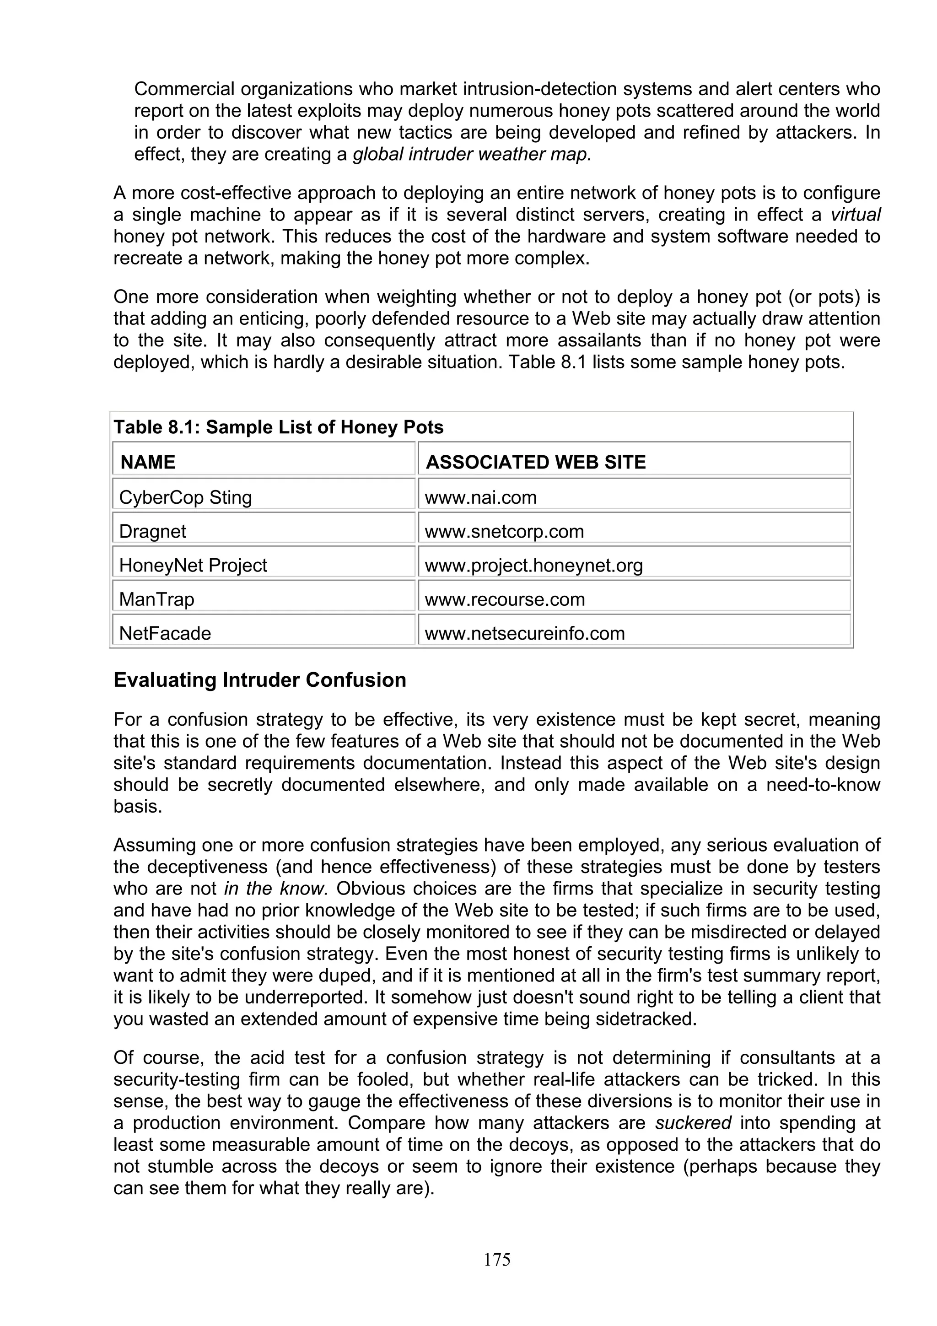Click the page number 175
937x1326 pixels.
(x=497, y=1260)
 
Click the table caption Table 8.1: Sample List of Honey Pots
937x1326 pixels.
(x=278, y=427)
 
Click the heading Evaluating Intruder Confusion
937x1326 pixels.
(x=260, y=680)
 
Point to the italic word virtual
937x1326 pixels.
(x=855, y=215)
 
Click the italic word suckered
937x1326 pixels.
(x=693, y=1123)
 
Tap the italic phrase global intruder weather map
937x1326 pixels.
(x=472, y=154)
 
